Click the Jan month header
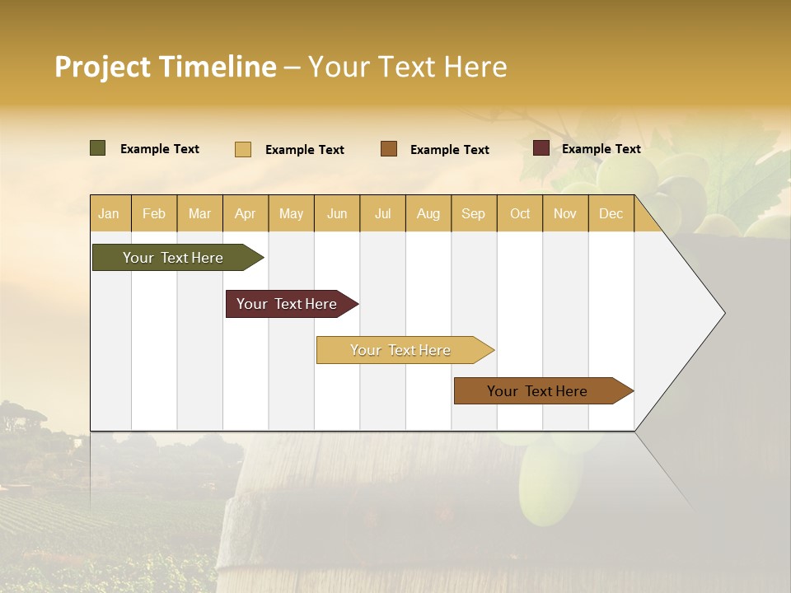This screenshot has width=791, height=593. pos(110,213)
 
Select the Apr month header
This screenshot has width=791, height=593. pos(246,213)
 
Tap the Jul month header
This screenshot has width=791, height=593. pos(382,213)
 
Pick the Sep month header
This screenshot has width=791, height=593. pos(474,213)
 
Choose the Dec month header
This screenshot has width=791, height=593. pos(611,213)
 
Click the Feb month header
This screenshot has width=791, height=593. pos(154,213)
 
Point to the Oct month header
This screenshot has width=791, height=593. pos(520,213)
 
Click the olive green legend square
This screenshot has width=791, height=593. pos(97,148)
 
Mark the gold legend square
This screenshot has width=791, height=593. pos(243,149)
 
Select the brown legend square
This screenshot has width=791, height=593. pos(389,149)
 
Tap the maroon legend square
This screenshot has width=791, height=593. pos(541,148)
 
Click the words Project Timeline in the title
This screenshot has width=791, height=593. pos(165,67)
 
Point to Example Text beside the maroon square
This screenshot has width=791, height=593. pos(601,149)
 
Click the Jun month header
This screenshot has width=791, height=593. pos(337,213)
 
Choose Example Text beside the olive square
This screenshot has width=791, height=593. pos(160,149)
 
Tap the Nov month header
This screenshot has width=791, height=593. pos(565,213)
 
